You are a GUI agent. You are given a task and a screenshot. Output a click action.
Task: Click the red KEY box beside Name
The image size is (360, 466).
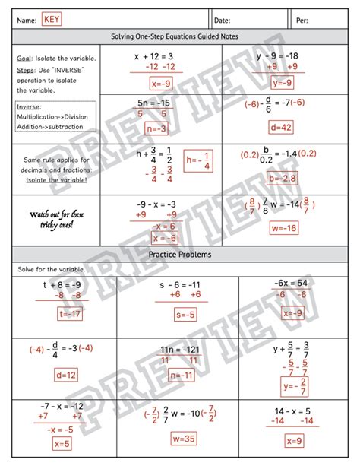(x=52, y=19)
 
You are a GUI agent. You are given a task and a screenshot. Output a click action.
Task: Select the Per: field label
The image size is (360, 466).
(x=302, y=20)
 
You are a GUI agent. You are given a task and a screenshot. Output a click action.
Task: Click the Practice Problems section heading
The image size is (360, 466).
(x=180, y=254)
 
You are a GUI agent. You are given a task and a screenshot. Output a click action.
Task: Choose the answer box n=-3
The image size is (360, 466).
(x=156, y=129)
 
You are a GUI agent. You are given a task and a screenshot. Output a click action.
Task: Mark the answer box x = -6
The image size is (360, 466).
(x=164, y=237)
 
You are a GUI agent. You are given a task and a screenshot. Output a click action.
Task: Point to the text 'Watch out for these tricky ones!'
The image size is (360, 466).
(x=56, y=220)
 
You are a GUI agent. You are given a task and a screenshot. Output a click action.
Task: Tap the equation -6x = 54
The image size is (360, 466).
(x=292, y=283)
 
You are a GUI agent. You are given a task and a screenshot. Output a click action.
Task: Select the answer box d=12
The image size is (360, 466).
(x=67, y=375)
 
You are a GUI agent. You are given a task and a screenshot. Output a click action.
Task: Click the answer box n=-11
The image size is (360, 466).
(x=182, y=375)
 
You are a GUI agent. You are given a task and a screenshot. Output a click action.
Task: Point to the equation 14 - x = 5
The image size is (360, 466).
(x=293, y=411)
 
